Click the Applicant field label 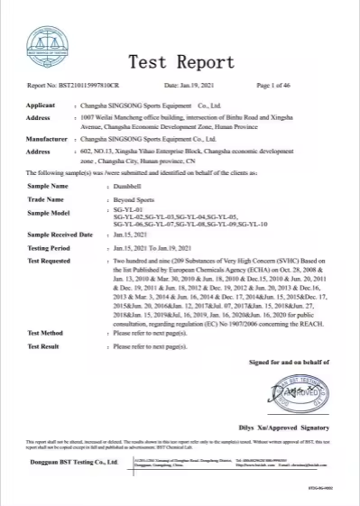point(43,106)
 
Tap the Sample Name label point(48,185)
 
